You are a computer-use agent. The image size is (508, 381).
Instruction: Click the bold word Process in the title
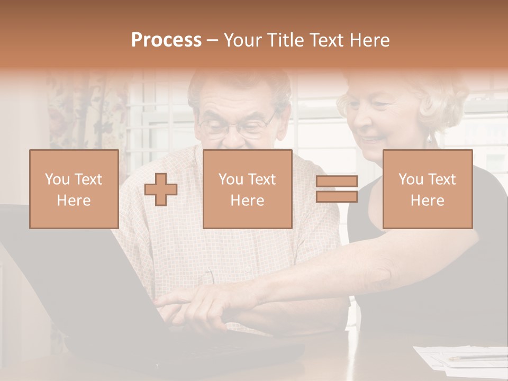click(x=166, y=40)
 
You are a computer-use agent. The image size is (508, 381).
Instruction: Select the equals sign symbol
click(x=337, y=189)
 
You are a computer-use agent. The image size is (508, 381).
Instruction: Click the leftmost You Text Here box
click(x=74, y=189)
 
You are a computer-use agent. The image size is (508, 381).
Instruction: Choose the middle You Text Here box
click(x=247, y=189)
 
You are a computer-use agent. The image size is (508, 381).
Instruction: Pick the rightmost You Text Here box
click(x=427, y=189)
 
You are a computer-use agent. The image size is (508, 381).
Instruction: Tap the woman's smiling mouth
click(x=371, y=139)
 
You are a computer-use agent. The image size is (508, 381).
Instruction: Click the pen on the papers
click(x=476, y=359)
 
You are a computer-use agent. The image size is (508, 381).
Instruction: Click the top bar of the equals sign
click(x=337, y=182)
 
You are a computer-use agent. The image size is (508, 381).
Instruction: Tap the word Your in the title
click(x=242, y=40)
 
